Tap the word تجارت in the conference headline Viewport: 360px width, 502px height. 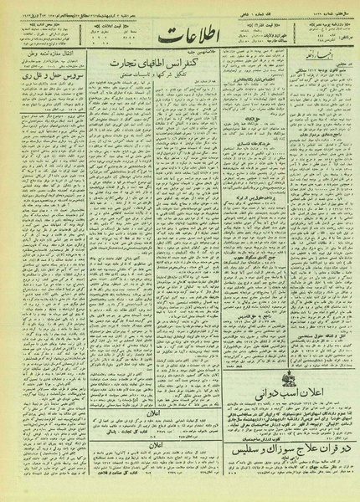tap(122, 64)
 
